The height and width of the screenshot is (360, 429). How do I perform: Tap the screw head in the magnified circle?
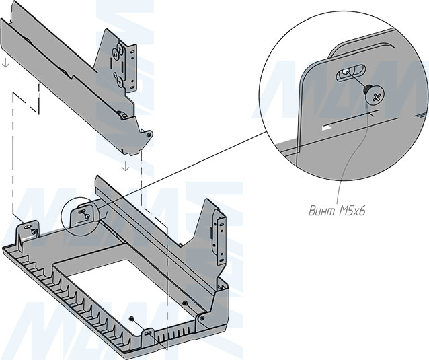pyautogui.click(x=373, y=96)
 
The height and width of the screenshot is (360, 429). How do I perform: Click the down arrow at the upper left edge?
pyautogui.click(x=5, y=63)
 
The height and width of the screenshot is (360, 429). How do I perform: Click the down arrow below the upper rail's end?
pyautogui.click(x=126, y=166)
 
